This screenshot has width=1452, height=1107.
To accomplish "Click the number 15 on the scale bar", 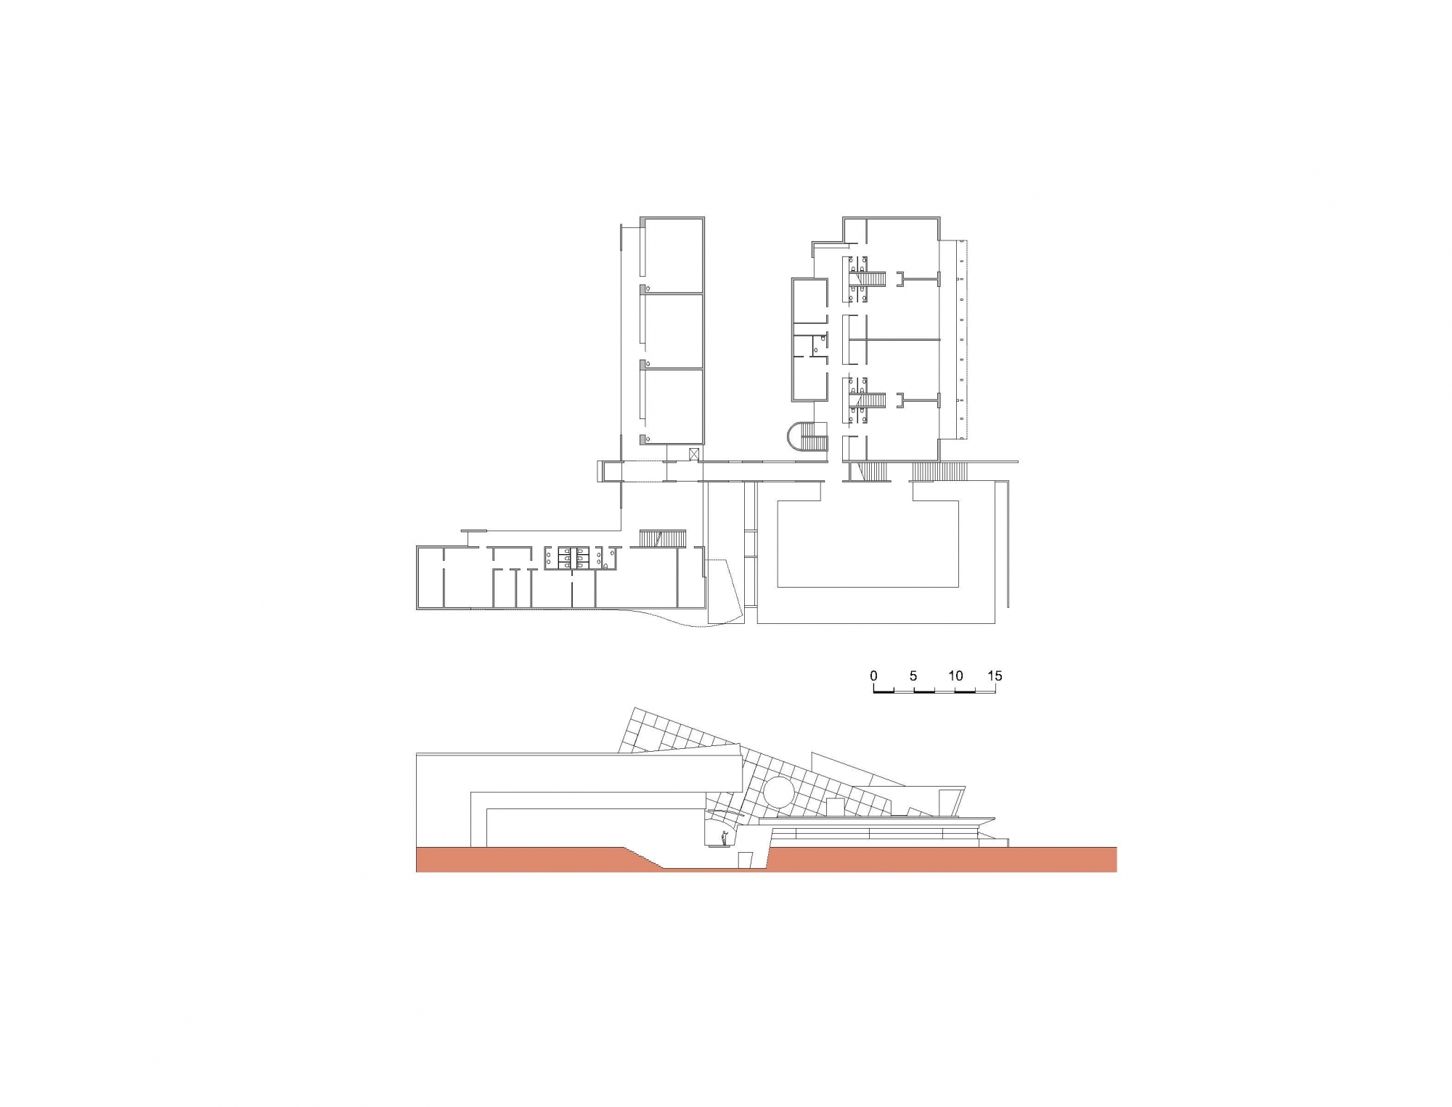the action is click(995, 676).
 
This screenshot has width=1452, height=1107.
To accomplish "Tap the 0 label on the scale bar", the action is click(873, 676).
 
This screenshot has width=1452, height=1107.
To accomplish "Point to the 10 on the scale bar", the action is click(955, 676).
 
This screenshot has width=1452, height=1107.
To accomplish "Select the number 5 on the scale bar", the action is click(913, 676).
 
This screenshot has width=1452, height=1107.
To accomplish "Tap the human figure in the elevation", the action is click(723, 838).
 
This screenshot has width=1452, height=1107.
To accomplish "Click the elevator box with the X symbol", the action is click(694, 454).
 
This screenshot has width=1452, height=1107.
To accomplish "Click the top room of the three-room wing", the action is click(672, 254).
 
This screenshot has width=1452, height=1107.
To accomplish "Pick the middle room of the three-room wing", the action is click(672, 331).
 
